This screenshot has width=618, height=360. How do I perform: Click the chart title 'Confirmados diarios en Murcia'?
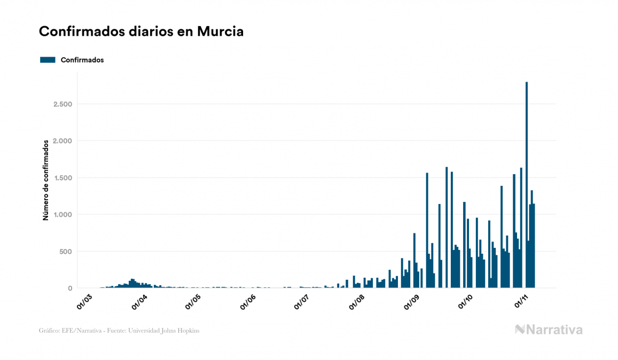coord(141,32)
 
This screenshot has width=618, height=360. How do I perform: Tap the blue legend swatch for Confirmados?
coord(48,60)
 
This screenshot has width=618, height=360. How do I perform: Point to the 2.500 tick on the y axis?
coord(62,104)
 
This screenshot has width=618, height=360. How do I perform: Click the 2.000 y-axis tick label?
coord(62,141)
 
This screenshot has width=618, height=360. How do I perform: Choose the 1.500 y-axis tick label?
coord(62,178)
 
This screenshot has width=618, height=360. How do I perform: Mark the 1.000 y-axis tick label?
coord(62,215)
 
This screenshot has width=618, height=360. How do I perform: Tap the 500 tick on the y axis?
coord(65,252)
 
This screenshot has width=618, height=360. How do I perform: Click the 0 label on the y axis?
coord(69,288)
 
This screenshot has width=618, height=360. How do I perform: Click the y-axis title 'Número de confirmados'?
coord(46,180)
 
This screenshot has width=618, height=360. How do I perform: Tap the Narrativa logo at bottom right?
coord(549,330)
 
